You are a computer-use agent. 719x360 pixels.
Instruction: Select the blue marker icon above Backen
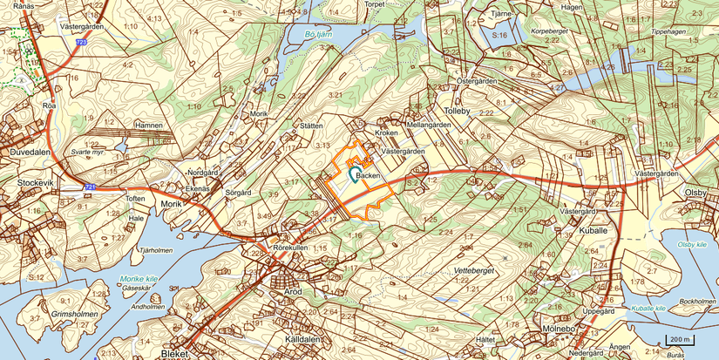pyautogui.click(x=352, y=173)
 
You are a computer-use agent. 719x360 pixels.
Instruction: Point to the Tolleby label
pyautogui.click(x=458, y=112)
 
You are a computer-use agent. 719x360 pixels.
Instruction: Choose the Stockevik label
pyautogui.click(x=35, y=183)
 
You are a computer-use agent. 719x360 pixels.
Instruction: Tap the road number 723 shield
pyautogui.click(x=81, y=42)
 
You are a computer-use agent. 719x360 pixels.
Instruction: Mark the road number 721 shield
pyautogui.click(x=90, y=188)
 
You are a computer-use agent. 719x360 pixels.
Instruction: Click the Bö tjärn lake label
pyautogui.click(x=320, y=35)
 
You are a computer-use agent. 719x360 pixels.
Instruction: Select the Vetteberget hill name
pyautogui.click(x=474, y=271)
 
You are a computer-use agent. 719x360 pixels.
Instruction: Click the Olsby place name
pyautogui.click(x=696, y=192)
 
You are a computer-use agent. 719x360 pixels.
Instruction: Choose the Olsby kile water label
pyautogui.click(x=692, y=245)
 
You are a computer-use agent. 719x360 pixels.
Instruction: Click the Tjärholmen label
pyautogui.click(x=156, y=250)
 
